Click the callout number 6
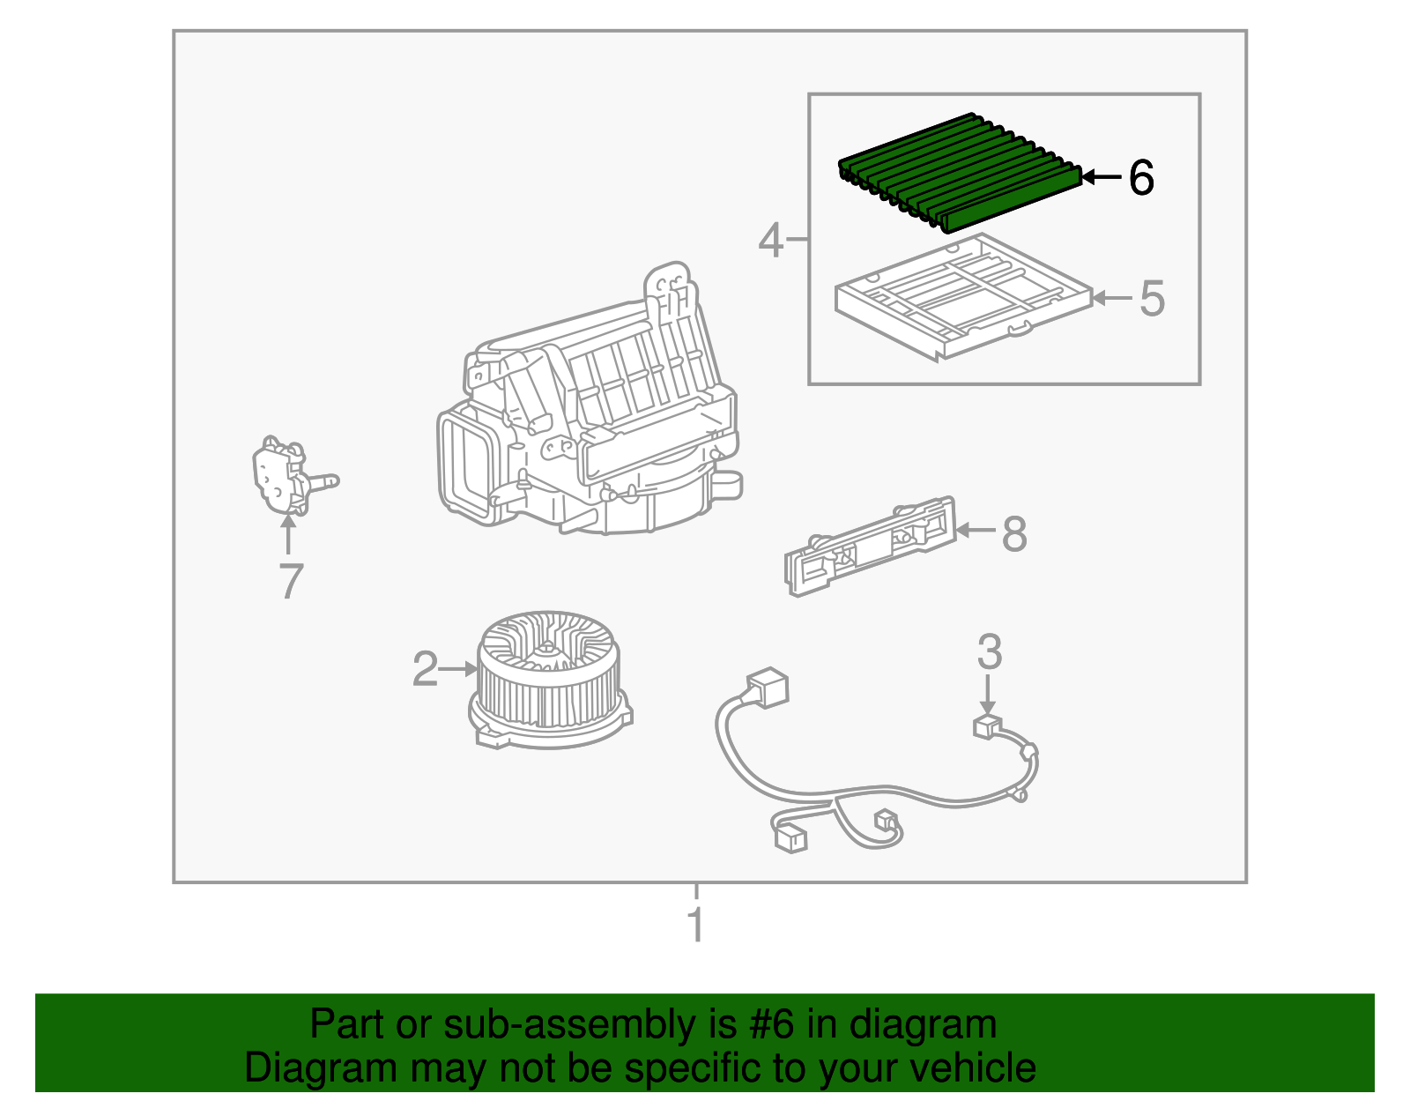tap(1140, 178)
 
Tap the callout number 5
tap(1152, 299)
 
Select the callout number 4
tap(770, 240)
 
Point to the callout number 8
tap(1014, 534)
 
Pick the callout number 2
tap(425, 669)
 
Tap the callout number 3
tap(990, 652)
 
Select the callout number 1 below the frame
tap(696, 925)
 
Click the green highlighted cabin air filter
tap(961, 172)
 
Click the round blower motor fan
tap(548, 679)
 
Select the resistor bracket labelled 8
tap(871, 545)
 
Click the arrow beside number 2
tap(457, 669)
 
